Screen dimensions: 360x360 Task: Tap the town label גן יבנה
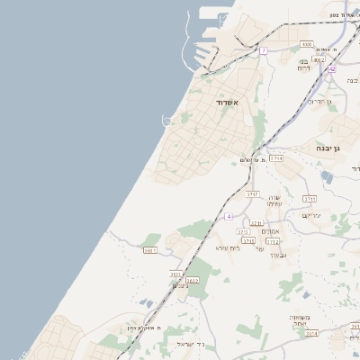tap(326, 147)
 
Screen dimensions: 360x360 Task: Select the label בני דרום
tap(303, 65)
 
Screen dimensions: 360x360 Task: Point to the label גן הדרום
tap(319, 102)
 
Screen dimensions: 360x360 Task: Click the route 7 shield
tap(263, 51)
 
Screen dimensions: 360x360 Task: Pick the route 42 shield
tap(331, 69)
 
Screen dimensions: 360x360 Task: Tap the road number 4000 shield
tap(307, 43)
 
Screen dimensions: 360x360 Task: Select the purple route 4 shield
tap(229, 217)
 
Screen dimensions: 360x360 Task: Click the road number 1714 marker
tap(276, 157)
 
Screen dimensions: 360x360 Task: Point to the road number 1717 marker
tap(252, 193)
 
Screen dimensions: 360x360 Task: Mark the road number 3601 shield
tap(149, 251)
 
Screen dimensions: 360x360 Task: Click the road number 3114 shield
tap(311, 333)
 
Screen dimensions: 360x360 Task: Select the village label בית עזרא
tap(228, 247)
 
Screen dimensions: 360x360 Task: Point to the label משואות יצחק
tap(300, 320)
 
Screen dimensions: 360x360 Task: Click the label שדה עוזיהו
tap(275, 201)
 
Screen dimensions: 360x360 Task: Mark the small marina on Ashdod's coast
tap(166, 121)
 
